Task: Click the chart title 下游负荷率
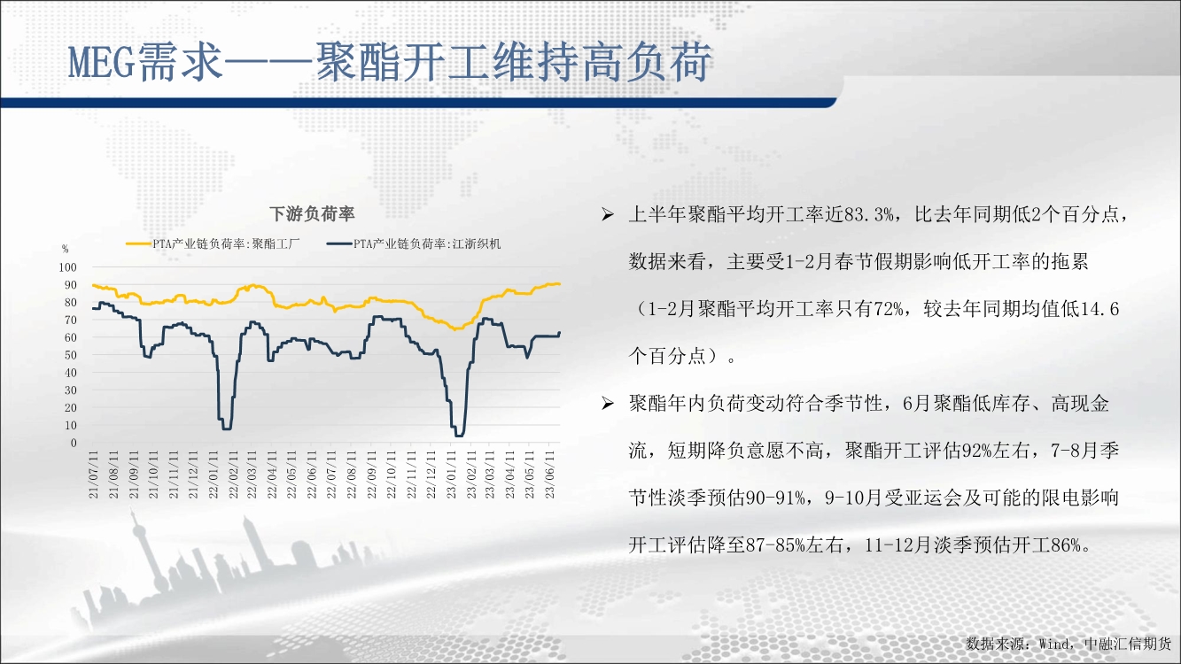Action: click(x=312, y=214)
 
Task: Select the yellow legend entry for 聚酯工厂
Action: click(x=213, y=244)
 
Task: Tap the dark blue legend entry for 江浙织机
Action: click(x=414, y=244)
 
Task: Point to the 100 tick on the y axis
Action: click(x=67, y=267)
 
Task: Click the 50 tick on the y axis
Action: click(x=71, y=355)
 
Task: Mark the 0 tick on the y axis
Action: click(x=74, y=444)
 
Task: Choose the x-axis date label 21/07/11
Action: click(x=93, y=475)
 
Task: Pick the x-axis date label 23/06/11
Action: click(x=549, y=475)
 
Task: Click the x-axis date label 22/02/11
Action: click(x=232, y=475)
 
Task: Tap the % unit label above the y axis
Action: click(x=65, y=249)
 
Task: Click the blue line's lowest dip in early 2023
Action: click(x=459, y=436)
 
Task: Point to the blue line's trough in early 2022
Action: click(x=227, y=429)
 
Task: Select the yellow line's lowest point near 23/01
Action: click(x=455, y=328)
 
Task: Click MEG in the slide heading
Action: click(x=101, y=63)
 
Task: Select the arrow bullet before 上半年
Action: click(x=608, y=214)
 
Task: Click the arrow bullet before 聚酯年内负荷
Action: click(x=608, y=404)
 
